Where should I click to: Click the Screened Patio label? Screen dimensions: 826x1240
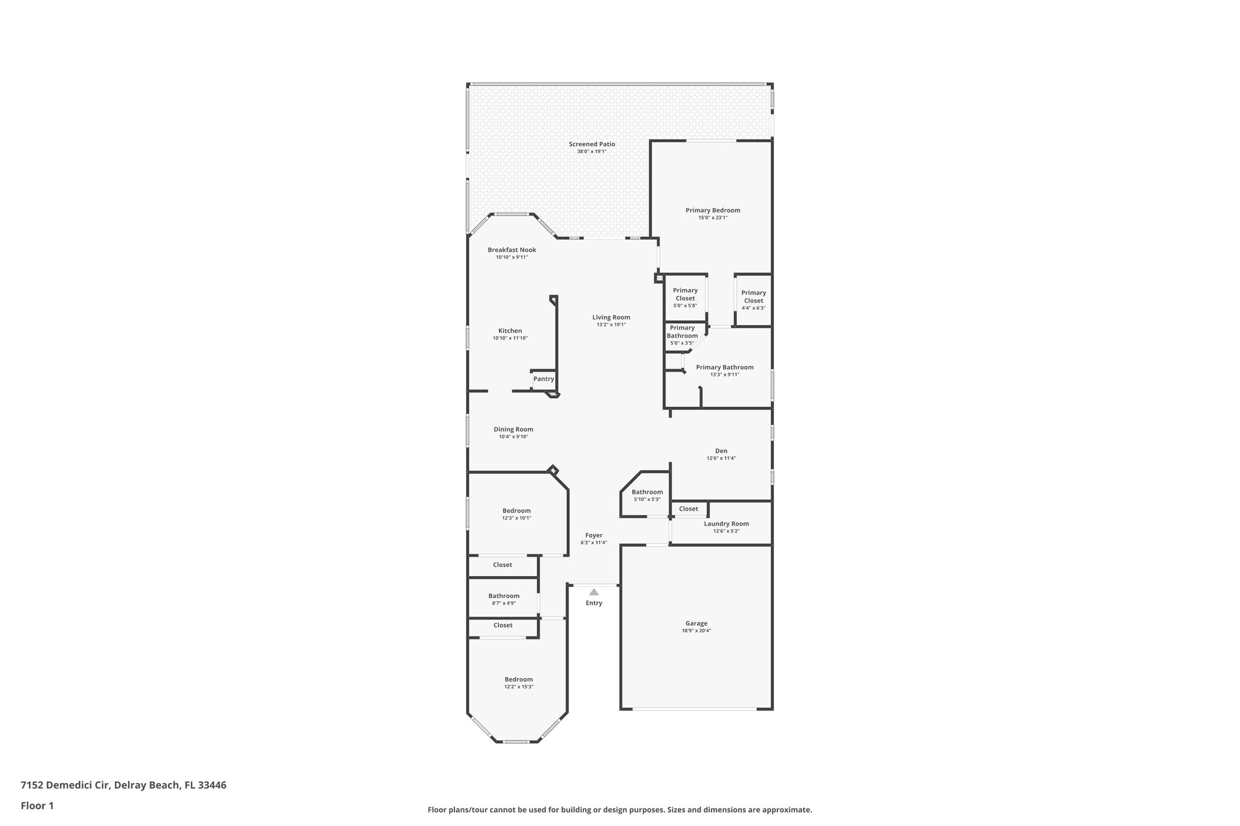(x=592, y=144)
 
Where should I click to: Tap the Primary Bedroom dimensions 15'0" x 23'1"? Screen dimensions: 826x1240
(x=713, y=218)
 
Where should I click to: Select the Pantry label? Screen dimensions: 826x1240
(x=543, y=379)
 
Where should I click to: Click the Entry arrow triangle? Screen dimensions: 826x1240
(x=594, y=592)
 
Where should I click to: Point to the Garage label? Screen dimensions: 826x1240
(x=696, y=623)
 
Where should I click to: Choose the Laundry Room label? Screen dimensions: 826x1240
(x=726, y=524)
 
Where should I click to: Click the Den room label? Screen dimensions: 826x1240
(x=721, y=451)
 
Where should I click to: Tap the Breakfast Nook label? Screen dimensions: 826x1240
(x=512, y=250)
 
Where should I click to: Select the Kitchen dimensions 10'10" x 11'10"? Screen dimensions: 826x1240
(x=510, y=338)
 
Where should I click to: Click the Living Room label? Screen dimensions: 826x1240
(x=611, y=317)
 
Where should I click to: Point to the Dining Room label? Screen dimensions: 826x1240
(x=513, y=429)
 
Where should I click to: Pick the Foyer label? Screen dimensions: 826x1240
(x=593, y=536)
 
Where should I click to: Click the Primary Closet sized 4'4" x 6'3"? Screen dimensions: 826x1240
(x=753, y=297)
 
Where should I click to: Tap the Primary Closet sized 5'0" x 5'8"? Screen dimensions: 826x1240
(x=685, y=294)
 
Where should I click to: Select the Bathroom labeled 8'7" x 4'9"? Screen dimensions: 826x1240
(x=504, y=596)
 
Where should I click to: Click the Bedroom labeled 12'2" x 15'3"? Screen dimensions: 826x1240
(x=518, y=680)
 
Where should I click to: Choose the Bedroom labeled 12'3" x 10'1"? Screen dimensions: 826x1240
(x=516, y=511)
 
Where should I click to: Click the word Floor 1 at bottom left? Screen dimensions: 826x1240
(x=37, y=805)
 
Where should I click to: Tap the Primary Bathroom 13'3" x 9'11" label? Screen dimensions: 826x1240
(x=724, y=367)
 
